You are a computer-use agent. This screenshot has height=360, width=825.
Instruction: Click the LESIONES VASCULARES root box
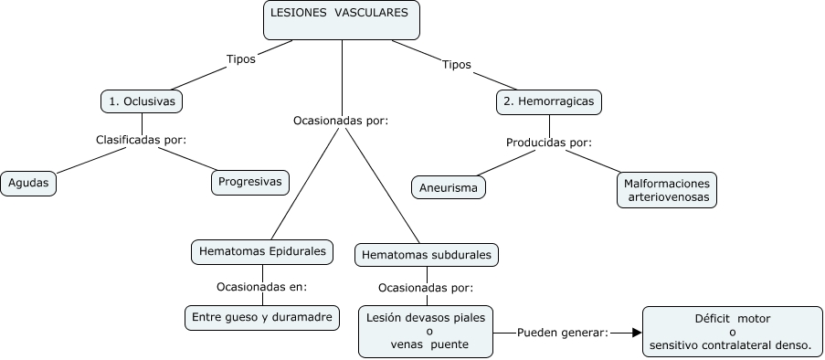pyautogui.click(x=342, y=20)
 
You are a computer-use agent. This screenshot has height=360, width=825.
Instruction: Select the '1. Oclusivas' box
pyautogui.click(x=142, y=101)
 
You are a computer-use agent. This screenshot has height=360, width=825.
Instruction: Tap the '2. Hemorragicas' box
pyautogui.click(x=549, y=101)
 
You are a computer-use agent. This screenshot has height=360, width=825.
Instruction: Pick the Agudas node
pyautogui.click(x=28, y=182)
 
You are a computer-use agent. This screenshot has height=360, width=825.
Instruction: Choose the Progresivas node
pyautogui.click(x=250, y=182)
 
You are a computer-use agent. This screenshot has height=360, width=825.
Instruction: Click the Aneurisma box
pyautogui.click(x=449, y=188)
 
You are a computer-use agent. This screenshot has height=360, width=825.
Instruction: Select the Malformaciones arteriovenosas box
pyautogui.click(x=666, y=189)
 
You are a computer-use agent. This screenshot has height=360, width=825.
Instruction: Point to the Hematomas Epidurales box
pyautogui.click(x=262, y=250)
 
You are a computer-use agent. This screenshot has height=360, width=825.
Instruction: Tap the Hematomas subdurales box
pyautogui.click(x=427, y=254)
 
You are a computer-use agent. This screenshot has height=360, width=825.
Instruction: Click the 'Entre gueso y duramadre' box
pyautogui.click(x=262, y=318)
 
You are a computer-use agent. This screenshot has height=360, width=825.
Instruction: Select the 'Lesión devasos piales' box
pyautogui.click(x=427, y=331)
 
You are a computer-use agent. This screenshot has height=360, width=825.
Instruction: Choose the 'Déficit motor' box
pyautogui.click(x=733, y=332)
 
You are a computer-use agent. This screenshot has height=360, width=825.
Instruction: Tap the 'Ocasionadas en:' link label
pyautogui.click(x=262, y=287)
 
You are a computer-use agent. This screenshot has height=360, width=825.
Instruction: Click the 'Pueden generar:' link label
pyautogui.click(x=563, y=333)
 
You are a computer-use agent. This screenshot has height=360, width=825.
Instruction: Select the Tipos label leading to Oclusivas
pyautogui.click(x=240, y=59)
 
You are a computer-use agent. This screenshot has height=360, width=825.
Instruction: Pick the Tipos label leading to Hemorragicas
pyautogui.click(x=456, y=65)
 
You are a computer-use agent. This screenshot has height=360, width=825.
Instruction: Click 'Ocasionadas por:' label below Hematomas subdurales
pyautogui.click(x=426, y=288)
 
